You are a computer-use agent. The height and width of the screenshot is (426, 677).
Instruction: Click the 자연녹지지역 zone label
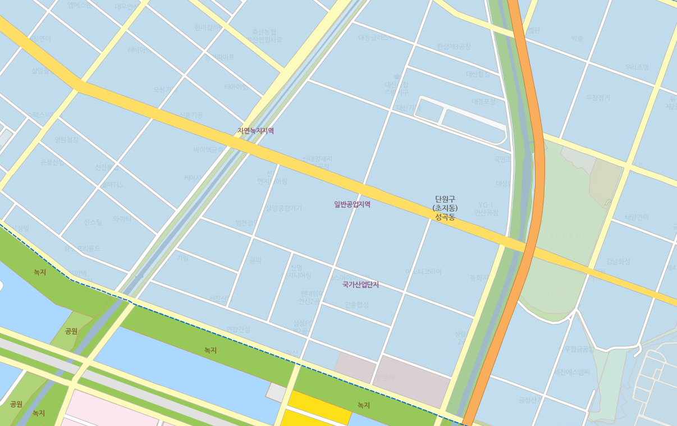click(255, 131)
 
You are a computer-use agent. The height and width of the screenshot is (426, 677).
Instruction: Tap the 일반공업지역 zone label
click(352, 204)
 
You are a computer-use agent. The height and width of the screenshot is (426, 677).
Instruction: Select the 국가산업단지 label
click(360, 285)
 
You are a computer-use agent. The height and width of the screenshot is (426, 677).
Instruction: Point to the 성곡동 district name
click(445, 217)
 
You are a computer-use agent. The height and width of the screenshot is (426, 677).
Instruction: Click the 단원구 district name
click(445, 199)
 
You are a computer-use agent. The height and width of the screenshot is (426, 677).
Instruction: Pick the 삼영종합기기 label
click(283, 208)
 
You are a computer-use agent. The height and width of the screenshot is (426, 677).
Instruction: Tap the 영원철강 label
click(66, 140)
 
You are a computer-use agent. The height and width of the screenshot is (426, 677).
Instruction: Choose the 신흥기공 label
click(191, 115)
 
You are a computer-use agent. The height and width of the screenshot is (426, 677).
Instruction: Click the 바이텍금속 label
click(208, 150)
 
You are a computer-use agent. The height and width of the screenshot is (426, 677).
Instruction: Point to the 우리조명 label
click(637, 67)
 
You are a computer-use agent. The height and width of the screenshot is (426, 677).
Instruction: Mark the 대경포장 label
click(483, 102)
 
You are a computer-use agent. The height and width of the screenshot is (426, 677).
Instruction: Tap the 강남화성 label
click(618, 262)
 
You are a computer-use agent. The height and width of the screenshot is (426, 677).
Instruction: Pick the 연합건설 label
click(238, 329)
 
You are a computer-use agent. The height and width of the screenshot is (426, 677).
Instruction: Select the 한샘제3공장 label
click(454, 47)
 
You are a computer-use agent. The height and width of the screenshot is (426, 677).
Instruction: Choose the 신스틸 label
click(93, 222)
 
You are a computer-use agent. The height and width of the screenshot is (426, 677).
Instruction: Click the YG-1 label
click(486, 205)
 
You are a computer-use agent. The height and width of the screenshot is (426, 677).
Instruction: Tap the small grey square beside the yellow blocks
click(276, 392)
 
